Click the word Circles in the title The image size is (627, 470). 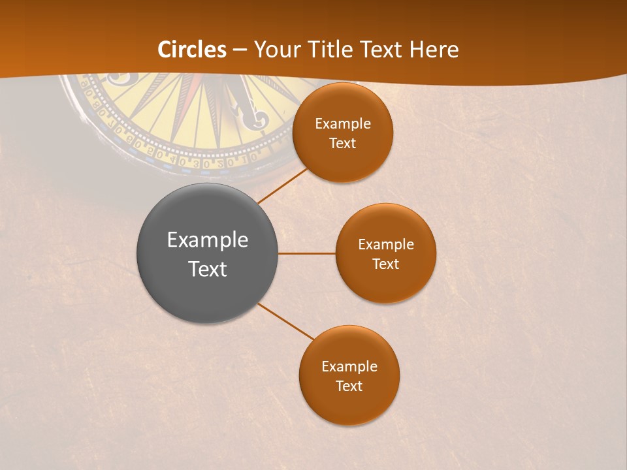tap(191, 50)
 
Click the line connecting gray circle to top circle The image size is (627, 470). tap(282, 185)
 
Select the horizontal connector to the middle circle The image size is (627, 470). tap(306, 253)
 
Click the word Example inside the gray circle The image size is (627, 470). tap(208, 240)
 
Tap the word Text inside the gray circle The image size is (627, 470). tap(208, 269)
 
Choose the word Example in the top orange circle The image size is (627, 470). tap(343, 123)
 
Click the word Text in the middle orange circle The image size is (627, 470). tap(385, 264)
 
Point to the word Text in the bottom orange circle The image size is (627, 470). tap(349, 386)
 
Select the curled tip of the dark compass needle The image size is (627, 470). tap(257, 119)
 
